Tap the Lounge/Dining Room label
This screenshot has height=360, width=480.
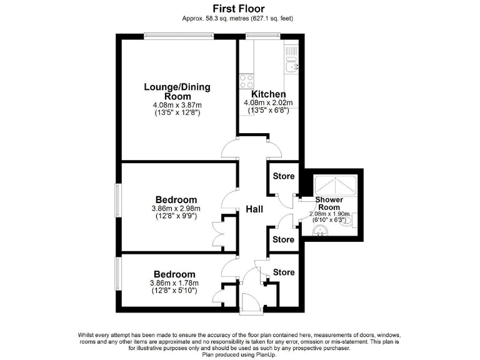click(x=177, y=91)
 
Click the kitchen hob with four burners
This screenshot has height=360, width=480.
click(x=246, y=81)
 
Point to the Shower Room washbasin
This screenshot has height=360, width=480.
click(x=321, y=231)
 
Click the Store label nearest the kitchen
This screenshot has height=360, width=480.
click(x=283, y=176)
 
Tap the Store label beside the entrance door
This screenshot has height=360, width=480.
click(x=284, y=272)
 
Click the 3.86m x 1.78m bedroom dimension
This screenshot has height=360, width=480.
click(x=174, y=282)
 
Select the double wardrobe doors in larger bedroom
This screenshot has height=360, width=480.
click(x=218, y=234)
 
